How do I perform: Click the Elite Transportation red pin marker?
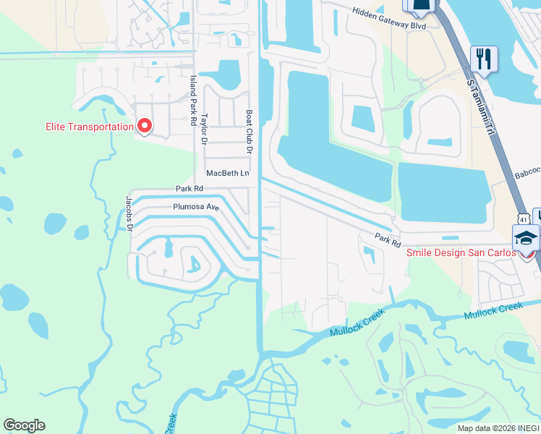144,126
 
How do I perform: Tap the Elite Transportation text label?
89,127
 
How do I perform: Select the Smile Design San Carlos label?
461,252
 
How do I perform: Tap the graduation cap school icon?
526,236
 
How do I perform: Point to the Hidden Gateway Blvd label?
388,19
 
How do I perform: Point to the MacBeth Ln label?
227,174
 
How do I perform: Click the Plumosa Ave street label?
195,206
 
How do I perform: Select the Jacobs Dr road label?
130,213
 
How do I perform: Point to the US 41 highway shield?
521,218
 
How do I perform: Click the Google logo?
24,425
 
